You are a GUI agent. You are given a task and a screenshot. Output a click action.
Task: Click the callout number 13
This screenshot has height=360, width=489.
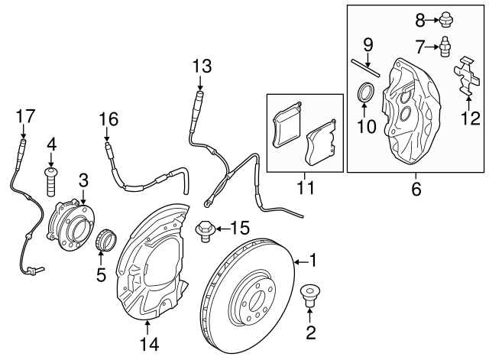pos(202,66)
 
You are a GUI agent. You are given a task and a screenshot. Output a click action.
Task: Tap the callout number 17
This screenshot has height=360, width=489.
pos(25,116)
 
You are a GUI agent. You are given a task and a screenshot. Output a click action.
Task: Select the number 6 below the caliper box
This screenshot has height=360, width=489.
pos(416,189)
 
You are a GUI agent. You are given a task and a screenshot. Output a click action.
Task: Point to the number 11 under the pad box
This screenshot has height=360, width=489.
pos(306,187)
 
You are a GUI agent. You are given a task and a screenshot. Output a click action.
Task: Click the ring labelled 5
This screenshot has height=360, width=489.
pos(105,239)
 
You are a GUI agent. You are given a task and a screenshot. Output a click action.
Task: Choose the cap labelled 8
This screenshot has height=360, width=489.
pos(445,21)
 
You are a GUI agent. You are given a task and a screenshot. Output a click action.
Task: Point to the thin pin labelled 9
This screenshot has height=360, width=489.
pos(365,68)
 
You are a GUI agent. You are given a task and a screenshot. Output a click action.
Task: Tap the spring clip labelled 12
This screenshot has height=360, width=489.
pos(465,77)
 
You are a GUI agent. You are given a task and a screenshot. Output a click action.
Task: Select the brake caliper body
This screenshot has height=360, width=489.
pos(412,112)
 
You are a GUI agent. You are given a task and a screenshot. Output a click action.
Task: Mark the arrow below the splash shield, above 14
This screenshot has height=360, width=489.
pos(147,327)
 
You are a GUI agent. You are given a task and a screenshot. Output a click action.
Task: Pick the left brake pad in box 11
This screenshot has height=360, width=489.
pos(287,124)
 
